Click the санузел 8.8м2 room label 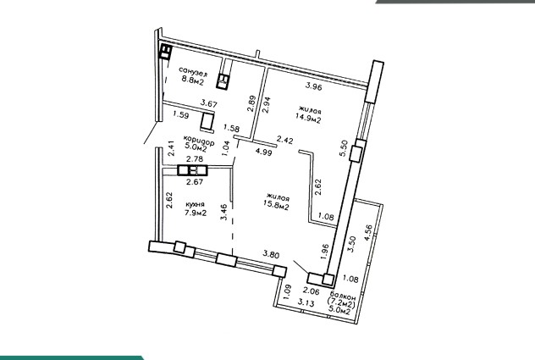coord(193,76)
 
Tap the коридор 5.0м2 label coord(198,144)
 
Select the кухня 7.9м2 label coord(196,208)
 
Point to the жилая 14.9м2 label coord(309,114)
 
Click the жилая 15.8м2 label coord(277,202)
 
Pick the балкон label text coord(343,296)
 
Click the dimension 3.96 coord(313,86)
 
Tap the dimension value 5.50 coord(343,148)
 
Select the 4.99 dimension coord(263,152)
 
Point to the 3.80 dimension coord(271,255)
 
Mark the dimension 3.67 coord(208,103)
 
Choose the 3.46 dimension coord(223,212)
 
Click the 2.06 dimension coord(311,291)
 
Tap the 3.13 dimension coord(306,302)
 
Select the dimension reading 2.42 coord(284,140)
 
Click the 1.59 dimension coord(180,114)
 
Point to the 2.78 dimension coord(195,159)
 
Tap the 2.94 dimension coord(266,105)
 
